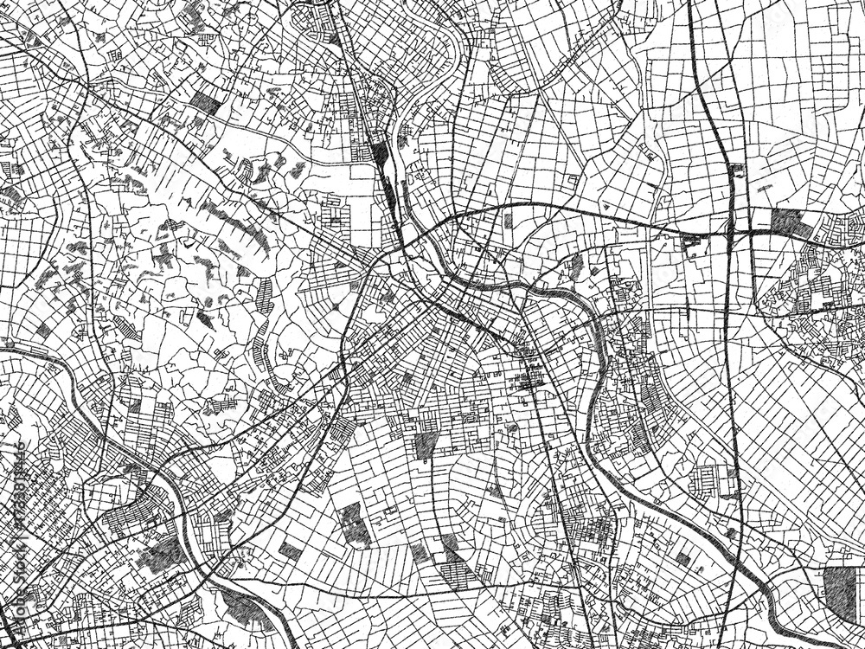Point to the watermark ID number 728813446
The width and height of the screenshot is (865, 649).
(12, 484)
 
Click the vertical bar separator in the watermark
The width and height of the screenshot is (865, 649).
(12, 523)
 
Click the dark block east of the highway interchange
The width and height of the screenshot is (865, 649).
(786, 222)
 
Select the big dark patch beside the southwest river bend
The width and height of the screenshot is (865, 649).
(160, 554)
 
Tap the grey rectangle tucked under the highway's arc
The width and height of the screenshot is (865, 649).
(508, 220)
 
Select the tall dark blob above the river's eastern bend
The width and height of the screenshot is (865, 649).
(574, 268)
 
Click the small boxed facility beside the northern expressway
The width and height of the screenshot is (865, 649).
(738, 170)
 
